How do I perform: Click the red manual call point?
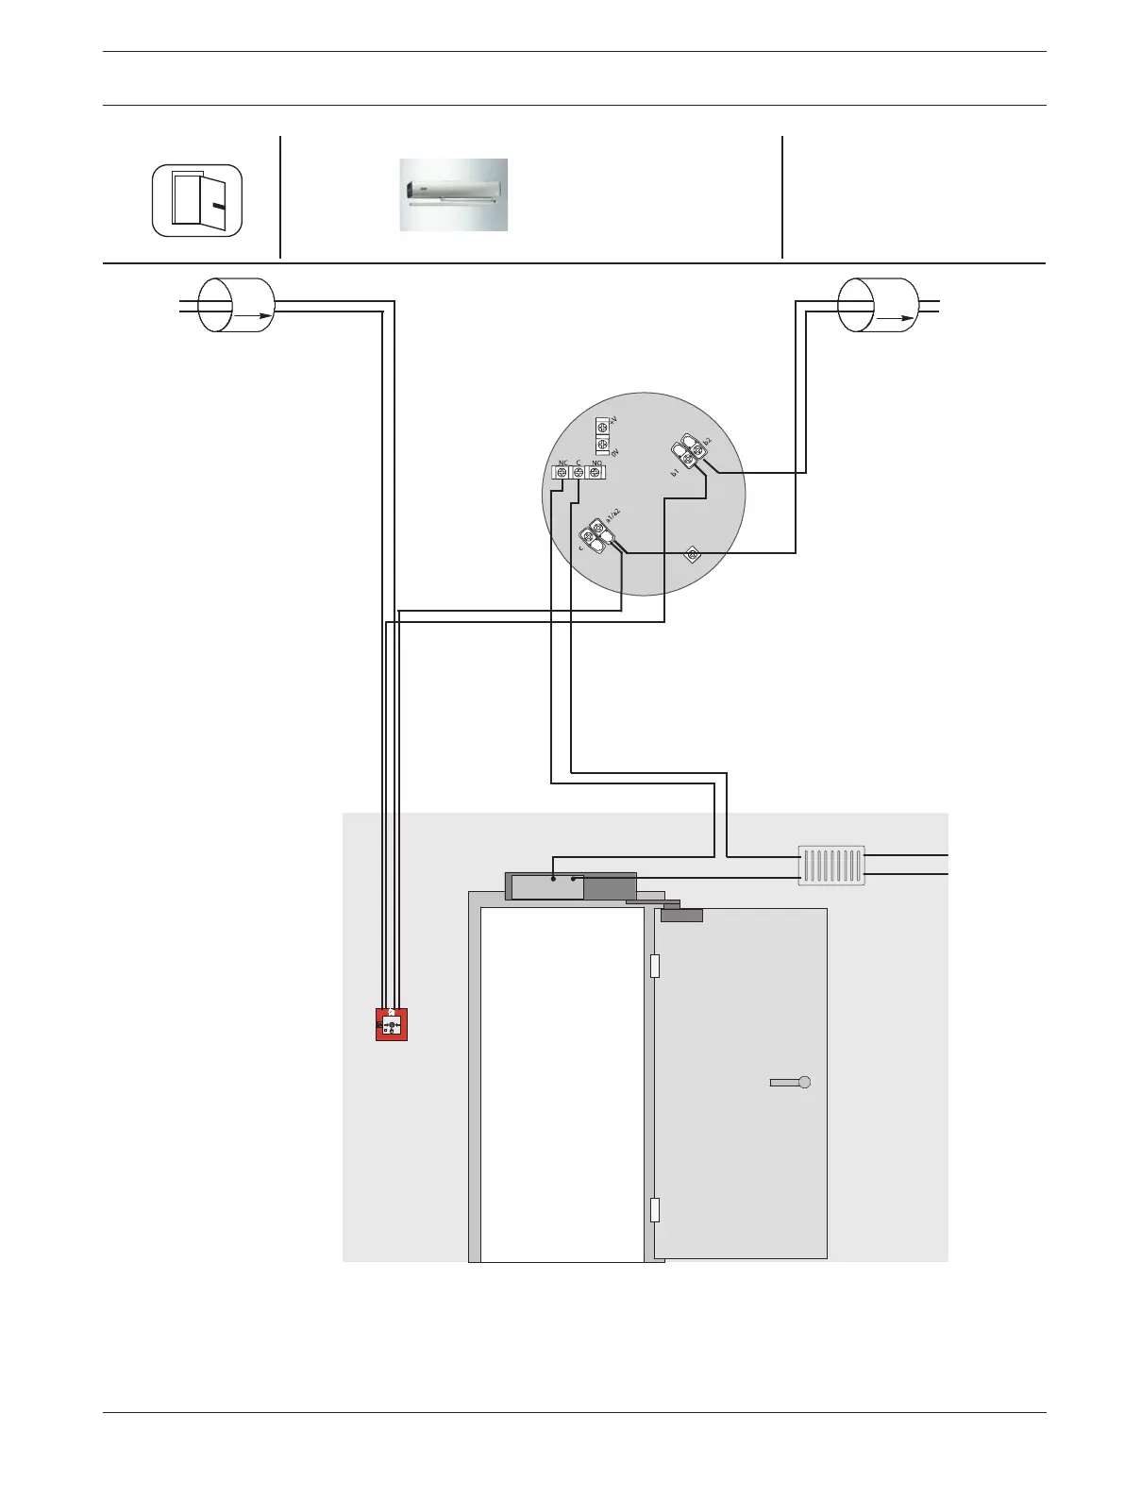pos(392,1024)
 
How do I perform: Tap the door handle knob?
pos(804,1083)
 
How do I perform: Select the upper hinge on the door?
pos(655,966)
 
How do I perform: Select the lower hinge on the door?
pos(655,1210)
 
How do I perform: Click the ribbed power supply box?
pos(831,865)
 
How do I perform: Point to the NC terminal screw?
pos(562,473)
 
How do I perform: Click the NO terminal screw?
pos(595,473)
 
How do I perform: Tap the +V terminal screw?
pos(603,429)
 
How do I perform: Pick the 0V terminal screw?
pos(603,445)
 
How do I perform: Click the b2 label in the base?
pos(707,441)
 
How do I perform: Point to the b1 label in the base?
pos(675,472)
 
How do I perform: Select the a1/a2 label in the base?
pos(612,515)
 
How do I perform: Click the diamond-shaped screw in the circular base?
pos(692,555)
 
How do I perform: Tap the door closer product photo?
pos(453,194)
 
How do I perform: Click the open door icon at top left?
pos(197,201)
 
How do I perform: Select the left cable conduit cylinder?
pos(235,305)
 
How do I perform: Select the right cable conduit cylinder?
pos(879,305)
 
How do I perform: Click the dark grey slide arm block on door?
pos(681,915)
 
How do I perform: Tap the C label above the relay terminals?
pos(578,463)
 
